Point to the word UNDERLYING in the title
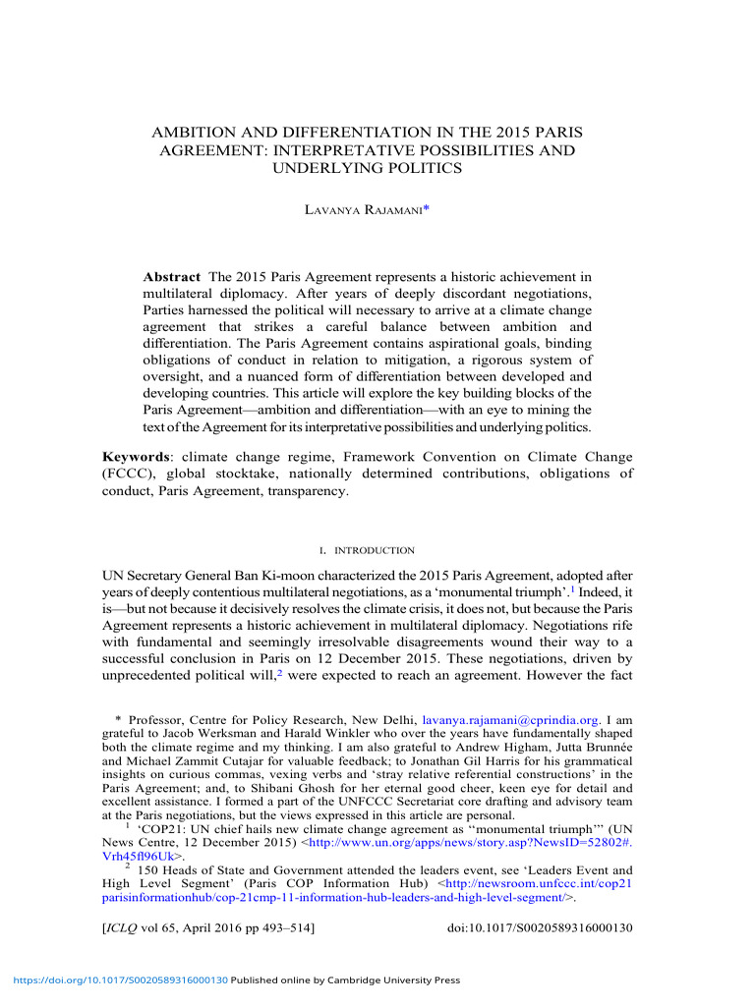[x=316, y=168]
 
